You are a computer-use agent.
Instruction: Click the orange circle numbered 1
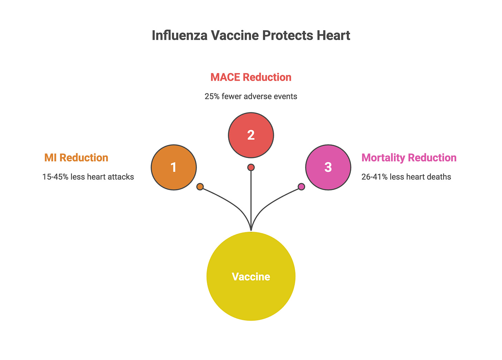coord(174,167)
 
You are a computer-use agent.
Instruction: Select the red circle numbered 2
coord(251,135)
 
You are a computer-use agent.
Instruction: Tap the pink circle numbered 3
coord(328,167)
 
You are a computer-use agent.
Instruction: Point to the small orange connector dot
coord(200,187)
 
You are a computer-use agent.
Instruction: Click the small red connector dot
coord(251,167)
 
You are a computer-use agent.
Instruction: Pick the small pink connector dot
coord(301,187)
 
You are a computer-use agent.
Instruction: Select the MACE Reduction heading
coord(251,77)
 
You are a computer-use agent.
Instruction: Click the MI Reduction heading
coord(76,158)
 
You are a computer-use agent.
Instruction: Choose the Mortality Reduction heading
coord(409,158)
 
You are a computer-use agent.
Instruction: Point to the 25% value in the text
coord(212,97)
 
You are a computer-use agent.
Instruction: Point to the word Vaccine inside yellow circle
coord(251,277)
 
